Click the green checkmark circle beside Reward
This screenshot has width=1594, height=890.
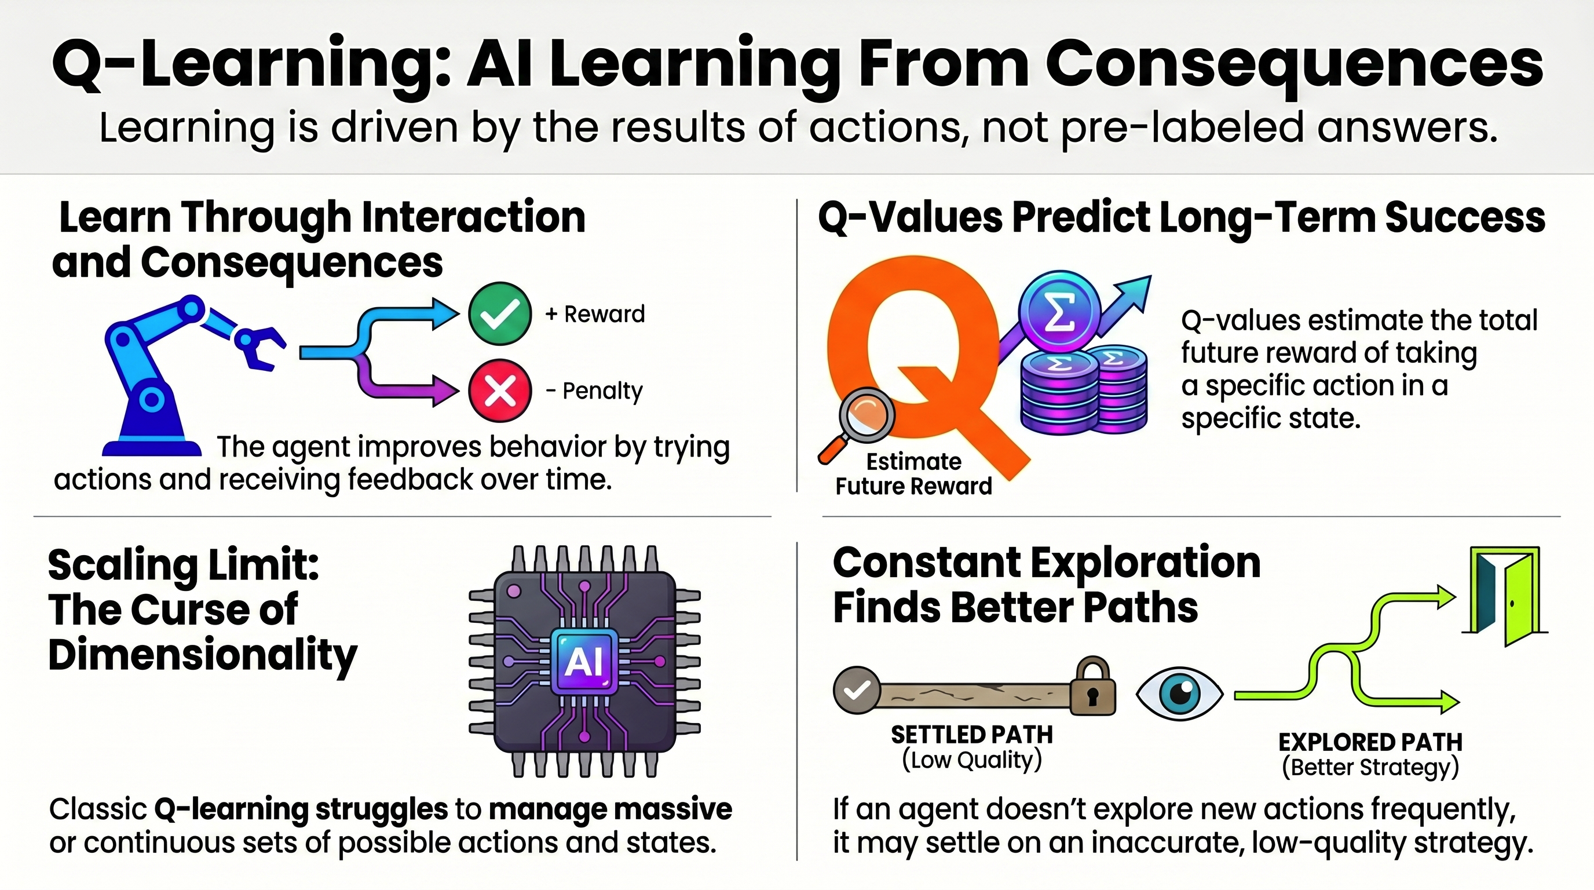click(499, 314)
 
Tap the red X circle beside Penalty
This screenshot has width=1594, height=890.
click(499, 391)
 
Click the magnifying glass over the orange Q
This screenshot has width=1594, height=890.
click(865, 414)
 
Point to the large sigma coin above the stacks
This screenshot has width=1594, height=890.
click(1059, 310)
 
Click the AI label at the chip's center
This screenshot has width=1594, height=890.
click(583, 662)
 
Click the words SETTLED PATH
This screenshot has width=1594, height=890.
click(971, 735)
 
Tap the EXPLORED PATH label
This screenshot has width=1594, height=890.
click(1370, 742)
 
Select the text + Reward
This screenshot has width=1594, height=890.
click(595, 315)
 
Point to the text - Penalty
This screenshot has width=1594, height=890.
click(594, 391)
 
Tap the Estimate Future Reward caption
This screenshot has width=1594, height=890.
click(913, 474)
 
